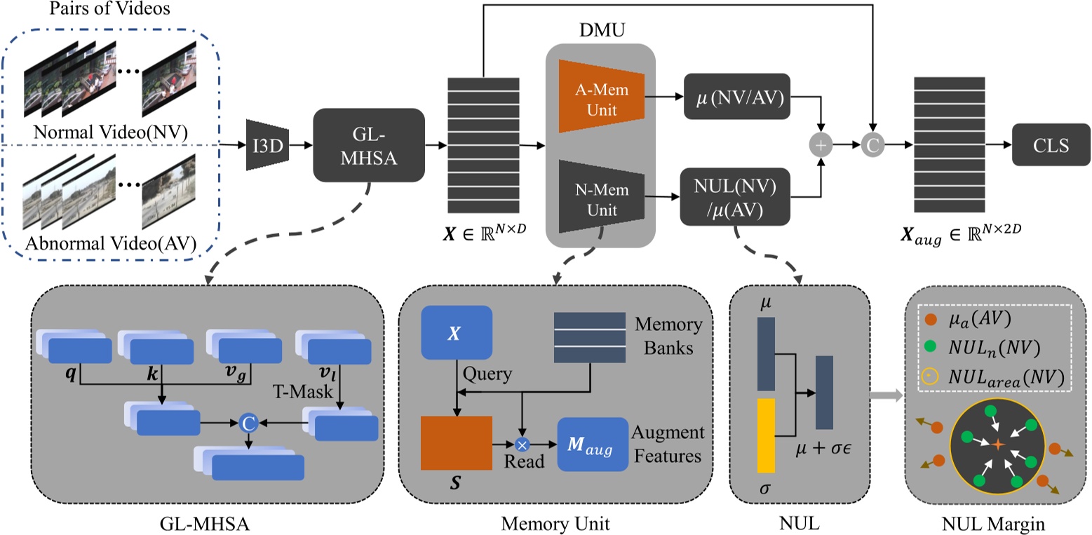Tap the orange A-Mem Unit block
click(x=600, y=96)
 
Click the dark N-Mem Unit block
click(x=600, y=197)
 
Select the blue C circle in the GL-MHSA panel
click(x=247, y=424)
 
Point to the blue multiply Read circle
click(x=521, y=444)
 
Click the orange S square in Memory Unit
click(x=456, y=443)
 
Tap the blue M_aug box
click(x=592, y=445)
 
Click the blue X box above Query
click(x=457, y=334)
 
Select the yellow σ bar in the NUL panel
click(x=766, y=435)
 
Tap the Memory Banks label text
click(x=668, y=334)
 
